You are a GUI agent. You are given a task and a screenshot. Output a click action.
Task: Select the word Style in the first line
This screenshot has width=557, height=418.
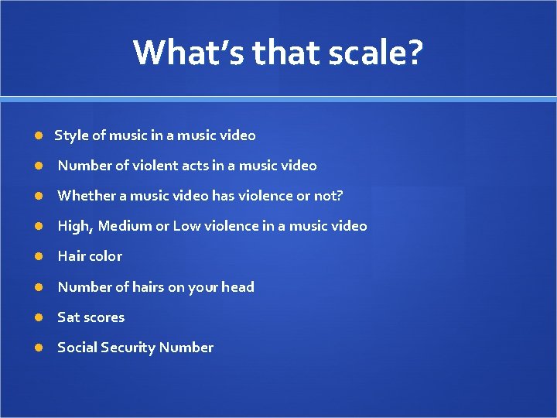pyautogui.click(x=71, y=135)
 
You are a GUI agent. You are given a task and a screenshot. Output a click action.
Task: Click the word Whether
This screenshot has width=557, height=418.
pyautogui.click(x=84, y=196)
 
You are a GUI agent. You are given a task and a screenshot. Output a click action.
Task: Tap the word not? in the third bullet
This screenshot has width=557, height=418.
pyautogui.click(x=327, y=196)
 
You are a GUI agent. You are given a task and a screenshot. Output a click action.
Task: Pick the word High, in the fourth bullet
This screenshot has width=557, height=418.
pyautogui.click(x=76, y=226)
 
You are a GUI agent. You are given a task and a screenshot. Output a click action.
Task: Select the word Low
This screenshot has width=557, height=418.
pyautogui.click(x=186, y=226)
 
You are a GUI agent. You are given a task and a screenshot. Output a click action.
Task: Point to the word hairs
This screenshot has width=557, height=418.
pyautogui.click(x=149, y=287)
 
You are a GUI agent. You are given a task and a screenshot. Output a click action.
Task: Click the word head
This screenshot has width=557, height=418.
pyautogui.click(x=237, y=287)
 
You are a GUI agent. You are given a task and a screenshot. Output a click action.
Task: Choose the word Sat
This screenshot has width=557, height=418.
pyautogui.click(x=68, y=317)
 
